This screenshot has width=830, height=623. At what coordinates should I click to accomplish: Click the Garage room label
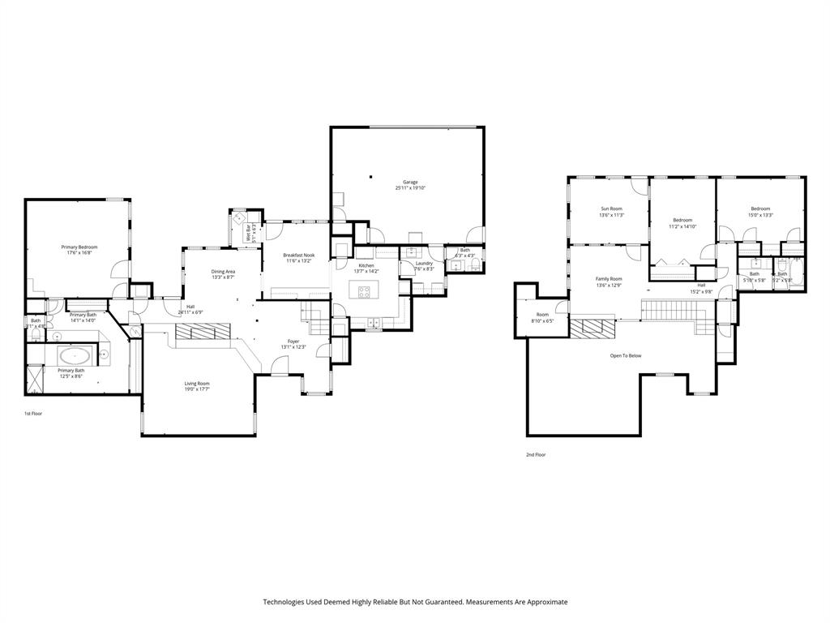[410, 182]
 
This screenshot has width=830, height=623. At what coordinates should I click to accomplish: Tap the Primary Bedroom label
[79, 247]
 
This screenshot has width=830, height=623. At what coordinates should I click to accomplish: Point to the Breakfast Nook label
[297, 256]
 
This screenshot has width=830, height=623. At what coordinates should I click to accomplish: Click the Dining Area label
[223, 272]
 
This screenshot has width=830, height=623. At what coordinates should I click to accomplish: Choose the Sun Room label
[610, 208]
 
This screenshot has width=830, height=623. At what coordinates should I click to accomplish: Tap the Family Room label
[610, 278]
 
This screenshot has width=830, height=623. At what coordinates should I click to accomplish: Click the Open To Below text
[626, 355]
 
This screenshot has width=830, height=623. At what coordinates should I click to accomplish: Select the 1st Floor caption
[33, 414]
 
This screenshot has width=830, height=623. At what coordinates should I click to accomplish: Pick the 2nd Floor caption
[536, 455]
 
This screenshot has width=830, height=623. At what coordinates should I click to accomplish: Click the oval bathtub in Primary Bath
[75, 355]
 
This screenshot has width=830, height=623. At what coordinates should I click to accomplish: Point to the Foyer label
[293, 342]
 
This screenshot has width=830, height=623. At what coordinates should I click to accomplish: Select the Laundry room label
[424, 263]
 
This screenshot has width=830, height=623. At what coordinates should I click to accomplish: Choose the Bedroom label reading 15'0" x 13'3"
[760, 208]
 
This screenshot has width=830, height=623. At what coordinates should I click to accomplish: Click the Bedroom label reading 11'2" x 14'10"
[682, 220]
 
